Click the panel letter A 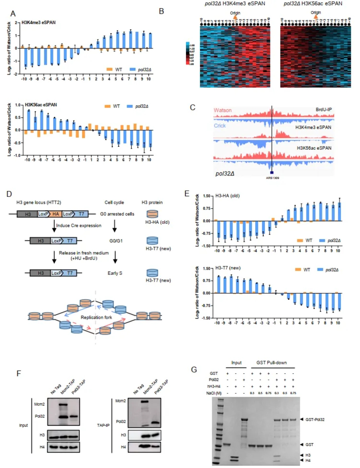click(x=13, y=13)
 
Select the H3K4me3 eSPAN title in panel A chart click(x=39, y=22)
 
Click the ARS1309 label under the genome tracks click(x=272, y=178)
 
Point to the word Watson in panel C click(x=223, y=110)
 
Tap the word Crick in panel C click(x=220, y=126)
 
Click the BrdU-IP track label click(x=323, y=110)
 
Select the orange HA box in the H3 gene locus click(x=56, y=214)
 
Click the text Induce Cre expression click(x=79, y=225)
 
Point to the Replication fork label click(x=96, y=317)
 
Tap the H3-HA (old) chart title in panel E click(x=227, y=196)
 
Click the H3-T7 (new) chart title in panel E click(x=228, y=268)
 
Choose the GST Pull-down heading click(x=271, y=362)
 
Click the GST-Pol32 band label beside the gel click(x=315, y=420)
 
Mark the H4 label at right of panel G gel click(x=308, y=460)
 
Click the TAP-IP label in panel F click(x=103, y=425)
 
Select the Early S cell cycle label click(x=115, y=273)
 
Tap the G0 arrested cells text click(x=117, y=214)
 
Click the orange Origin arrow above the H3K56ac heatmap click(x=316, y=17)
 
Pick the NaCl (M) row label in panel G click(x=214, y=393)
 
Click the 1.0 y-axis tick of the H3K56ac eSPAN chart click(x=18, y=105)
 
